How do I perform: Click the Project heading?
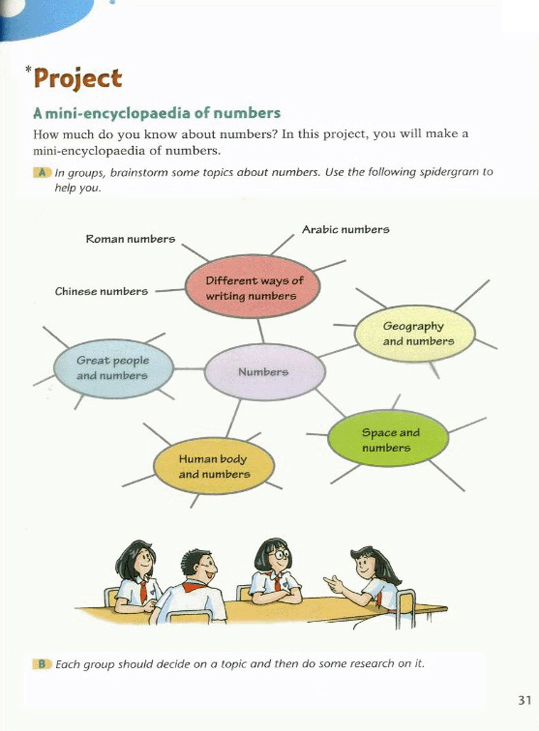pyautogui.click(x=78, y=79)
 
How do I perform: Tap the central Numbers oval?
pyautogui.click(x=265, y=372)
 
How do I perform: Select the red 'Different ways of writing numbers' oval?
pyautogui.click(x=253, y=287)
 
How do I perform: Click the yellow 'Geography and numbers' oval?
pyautogui.click(x=415, y=333)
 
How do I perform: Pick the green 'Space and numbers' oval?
pyautogui.click(x=388, y=438)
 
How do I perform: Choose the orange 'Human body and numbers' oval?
pyautogui.click(x=214, y=466)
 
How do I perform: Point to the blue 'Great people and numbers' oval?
pyautogui.click(x=113, y=368)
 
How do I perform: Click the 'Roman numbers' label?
pyautogui.click(x=131, y=239)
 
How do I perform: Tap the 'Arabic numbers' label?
pyautogui.click(x=346, y=229)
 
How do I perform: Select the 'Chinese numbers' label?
pyautogui.click(x=101, y=291)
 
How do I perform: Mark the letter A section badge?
pyautogui.click(x=42, y=172)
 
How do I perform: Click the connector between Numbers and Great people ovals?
pyautogui.click(x=189, y=369)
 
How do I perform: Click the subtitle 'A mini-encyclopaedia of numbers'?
pyautogui.click(x=157, y=113)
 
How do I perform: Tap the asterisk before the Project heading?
pyautogui.click(x=28, y=69)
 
